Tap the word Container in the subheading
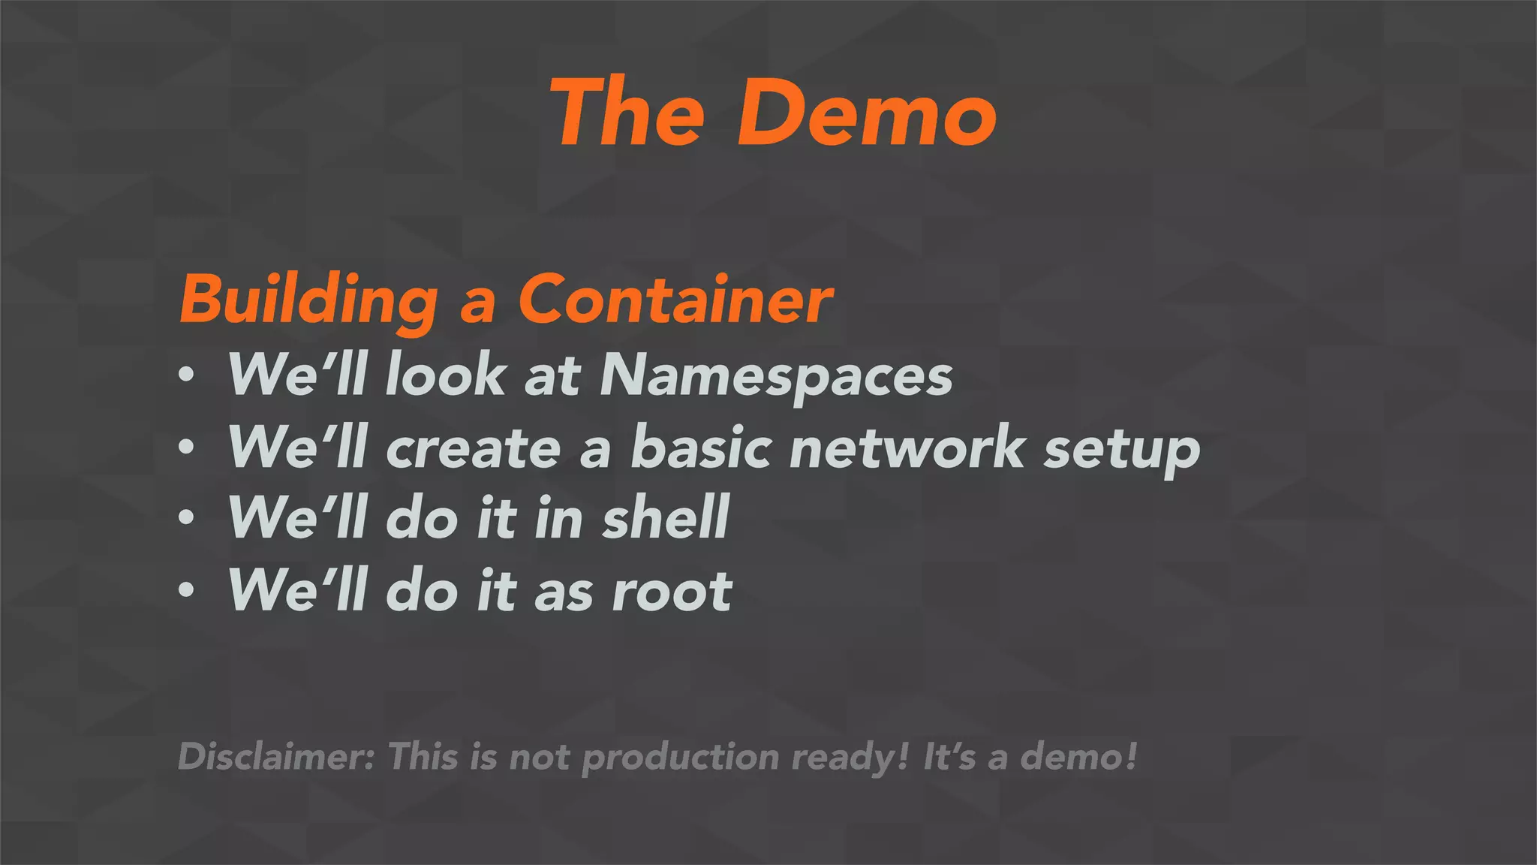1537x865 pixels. coord(675,299)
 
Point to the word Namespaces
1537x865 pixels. coord(776,375)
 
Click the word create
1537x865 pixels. coord(473,449)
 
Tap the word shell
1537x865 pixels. coord(665,518)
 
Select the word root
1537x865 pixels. coord(672,592)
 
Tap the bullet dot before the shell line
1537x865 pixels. coord(187,517)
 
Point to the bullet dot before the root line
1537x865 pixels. coord(187,590)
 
